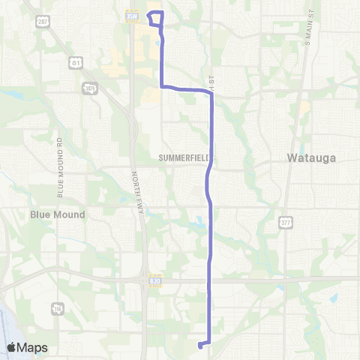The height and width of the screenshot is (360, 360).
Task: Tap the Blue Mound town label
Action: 58,214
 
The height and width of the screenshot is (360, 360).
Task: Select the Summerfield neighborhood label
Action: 184,158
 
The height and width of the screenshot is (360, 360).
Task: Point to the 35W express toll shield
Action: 132,15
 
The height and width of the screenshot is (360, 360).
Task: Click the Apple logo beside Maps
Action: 11,347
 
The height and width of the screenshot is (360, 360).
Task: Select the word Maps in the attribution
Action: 34,347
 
